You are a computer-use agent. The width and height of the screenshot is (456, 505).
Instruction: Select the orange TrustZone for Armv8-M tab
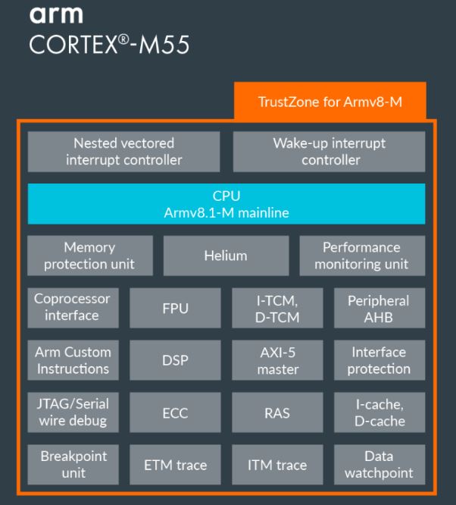(331, 102)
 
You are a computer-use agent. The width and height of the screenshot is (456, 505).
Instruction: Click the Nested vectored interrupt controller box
(123, 151)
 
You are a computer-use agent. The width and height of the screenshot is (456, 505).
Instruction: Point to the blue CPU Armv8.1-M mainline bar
(226, 204)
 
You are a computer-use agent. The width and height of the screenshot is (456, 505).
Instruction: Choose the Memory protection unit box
(89, 256)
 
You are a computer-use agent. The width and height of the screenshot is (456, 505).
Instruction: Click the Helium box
(226, 256)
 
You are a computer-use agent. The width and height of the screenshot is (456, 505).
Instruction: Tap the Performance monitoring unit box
(361, 256)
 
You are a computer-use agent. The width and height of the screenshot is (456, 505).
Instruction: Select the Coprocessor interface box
(72, 307)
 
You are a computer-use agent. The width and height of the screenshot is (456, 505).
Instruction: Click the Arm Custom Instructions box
(72, 360)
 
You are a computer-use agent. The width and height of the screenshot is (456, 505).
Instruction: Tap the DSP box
(176, 361)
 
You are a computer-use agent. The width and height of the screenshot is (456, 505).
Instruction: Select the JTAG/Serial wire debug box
(72, 412)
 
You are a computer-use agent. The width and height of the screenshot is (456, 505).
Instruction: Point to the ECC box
(176, 413)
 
